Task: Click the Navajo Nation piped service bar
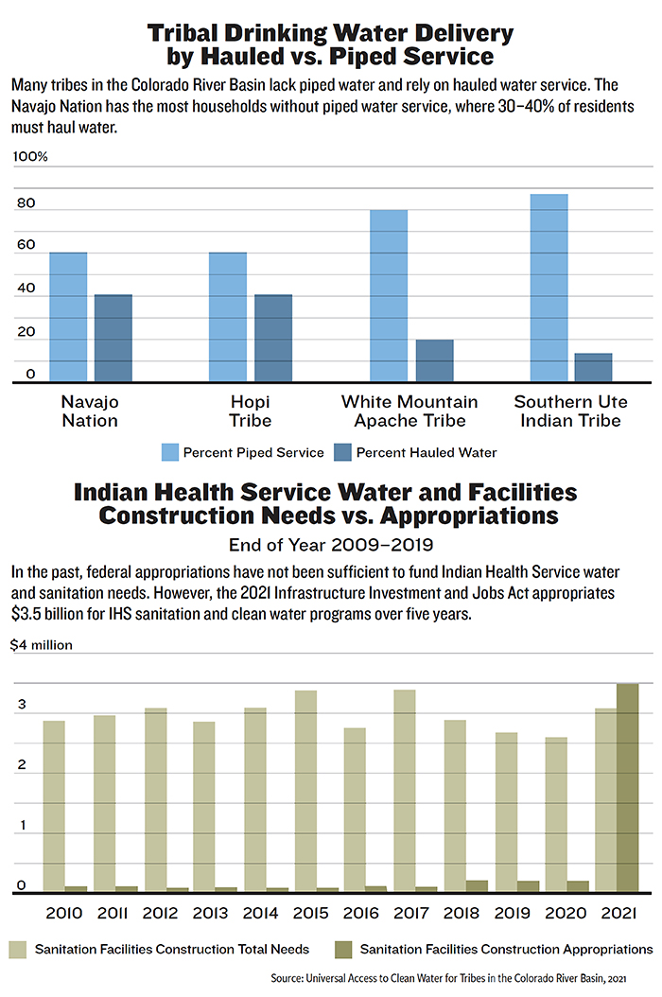coord(68,318)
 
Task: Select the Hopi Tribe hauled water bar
coord(273,339)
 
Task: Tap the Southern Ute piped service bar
coord(549,289)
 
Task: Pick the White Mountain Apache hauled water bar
coord(435,361)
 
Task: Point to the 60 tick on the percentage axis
coord(25,245)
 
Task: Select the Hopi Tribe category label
coord(250,411)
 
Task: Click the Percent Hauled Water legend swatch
coord(341,452)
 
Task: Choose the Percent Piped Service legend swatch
coord(171,452)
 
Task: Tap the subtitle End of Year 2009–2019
coord(330,544)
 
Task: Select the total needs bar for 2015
coord(305,791)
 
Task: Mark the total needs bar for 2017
coord(406,791)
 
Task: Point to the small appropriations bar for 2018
coord(478,886)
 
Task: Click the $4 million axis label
coord(43,646)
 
